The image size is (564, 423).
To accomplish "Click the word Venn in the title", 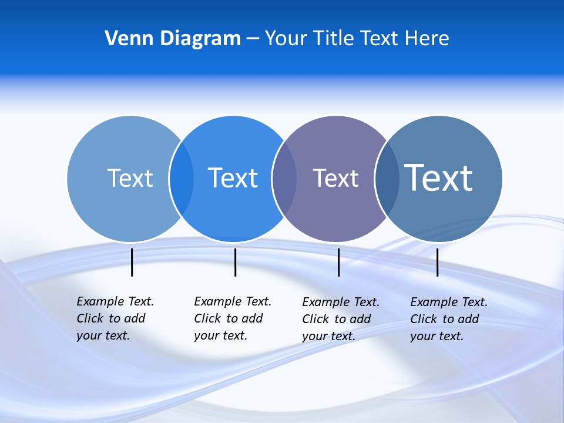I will pos(125,39).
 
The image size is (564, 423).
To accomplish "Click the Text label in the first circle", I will pos(130,178).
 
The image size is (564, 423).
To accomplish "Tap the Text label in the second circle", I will pos(233,178).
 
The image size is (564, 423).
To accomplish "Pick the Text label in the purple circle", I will pos(335,179).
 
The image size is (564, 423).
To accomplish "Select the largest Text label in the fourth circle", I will pos(438,177).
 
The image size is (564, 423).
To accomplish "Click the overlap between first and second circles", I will pos(182,179).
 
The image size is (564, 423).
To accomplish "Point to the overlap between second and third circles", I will pos(284,179).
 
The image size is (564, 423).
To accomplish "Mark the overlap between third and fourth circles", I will pos(387,179).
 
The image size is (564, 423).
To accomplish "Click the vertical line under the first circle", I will pos(132,262).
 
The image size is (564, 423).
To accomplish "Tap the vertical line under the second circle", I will pos(235,262).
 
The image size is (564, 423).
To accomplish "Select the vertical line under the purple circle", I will pos(338,262).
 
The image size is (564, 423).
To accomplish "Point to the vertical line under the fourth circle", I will pos(437,262).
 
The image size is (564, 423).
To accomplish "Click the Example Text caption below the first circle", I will pos(115,318).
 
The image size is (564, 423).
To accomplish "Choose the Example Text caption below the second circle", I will pos(232,318).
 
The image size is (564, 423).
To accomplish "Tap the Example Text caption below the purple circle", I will pos(340,319).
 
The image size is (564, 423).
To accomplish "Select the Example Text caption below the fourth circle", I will pos(448,319).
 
